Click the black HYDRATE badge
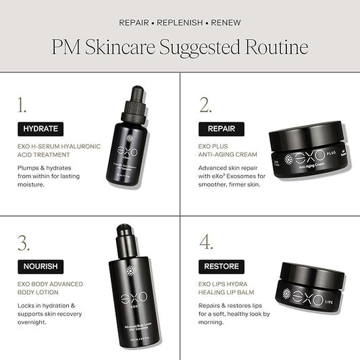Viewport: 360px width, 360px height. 41,128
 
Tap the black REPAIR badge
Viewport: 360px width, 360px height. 222,128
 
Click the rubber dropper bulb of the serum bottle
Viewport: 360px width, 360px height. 137,95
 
